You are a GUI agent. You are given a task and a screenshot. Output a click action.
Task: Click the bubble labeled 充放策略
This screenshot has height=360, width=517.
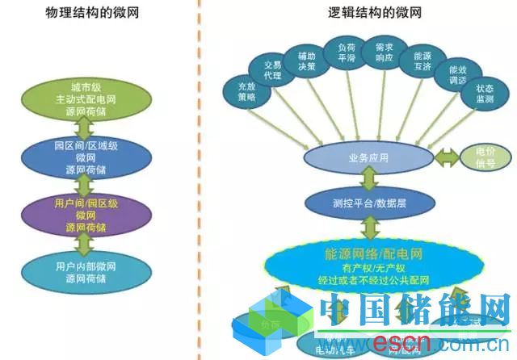246,90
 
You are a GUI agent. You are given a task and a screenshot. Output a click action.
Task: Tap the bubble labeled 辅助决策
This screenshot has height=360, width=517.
306,61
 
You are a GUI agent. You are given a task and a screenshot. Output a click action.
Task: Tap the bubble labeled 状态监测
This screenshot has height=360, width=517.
484,94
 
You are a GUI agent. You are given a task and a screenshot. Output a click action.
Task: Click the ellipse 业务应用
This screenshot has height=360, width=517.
368,157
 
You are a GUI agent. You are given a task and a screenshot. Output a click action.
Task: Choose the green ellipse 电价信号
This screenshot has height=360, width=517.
486,157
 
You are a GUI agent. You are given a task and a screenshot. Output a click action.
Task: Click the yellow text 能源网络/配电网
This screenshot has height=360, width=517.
368,253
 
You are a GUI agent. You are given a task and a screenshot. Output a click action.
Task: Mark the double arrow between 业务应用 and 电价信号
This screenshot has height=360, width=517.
446,157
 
